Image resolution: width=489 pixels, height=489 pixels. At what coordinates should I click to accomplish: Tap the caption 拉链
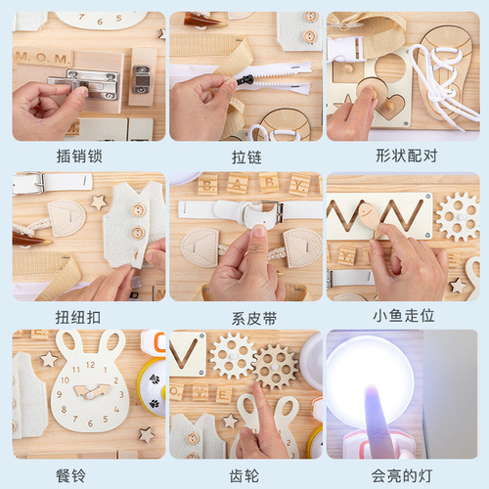click(x=245, y=156)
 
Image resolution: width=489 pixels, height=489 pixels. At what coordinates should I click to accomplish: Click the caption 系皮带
click(x=245, y=316)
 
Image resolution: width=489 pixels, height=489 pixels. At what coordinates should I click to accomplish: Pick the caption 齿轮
click(x=245, y=475)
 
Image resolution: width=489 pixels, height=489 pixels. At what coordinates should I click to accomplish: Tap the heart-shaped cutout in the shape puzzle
click(x=388, y=108)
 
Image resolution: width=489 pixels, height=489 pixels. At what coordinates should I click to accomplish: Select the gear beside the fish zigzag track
click(x=457, y=216)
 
